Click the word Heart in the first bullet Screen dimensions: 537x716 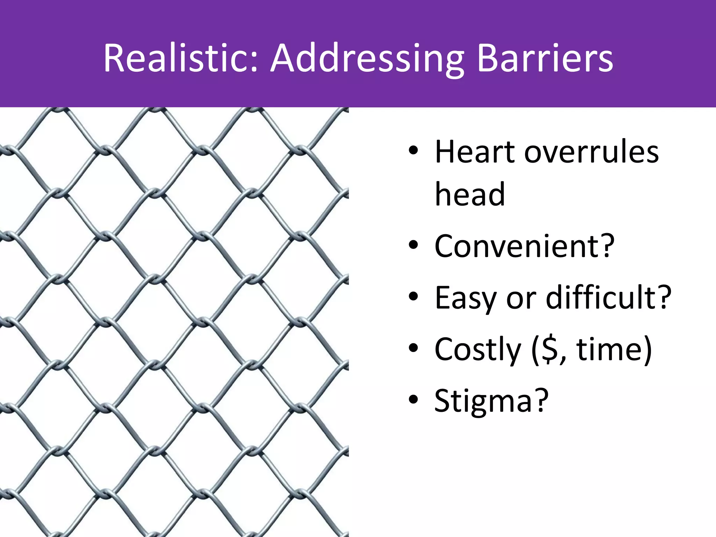(x=475, y=152)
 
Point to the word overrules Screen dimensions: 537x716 (x=591, y=152)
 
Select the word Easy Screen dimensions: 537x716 (x=465, y=298)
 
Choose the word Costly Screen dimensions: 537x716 (x=478, y=350)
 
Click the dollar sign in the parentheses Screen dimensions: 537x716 (x=550, y=350)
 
